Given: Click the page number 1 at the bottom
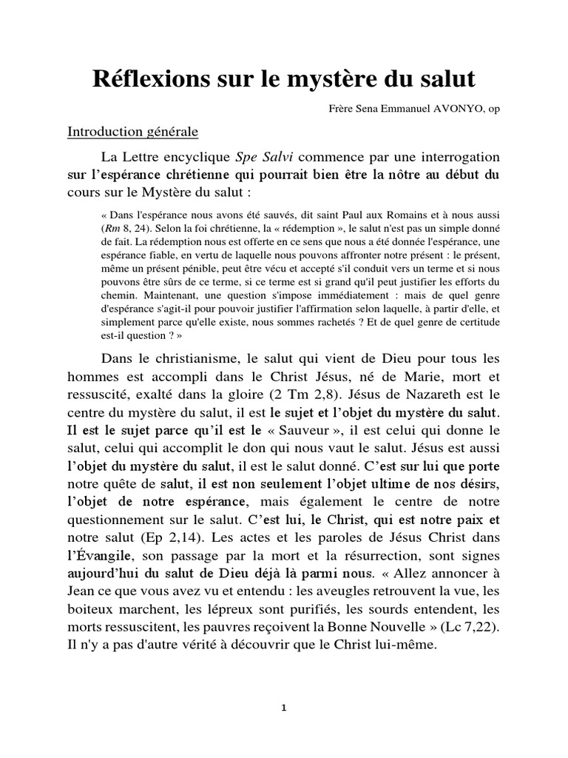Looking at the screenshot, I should coord(284,708).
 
